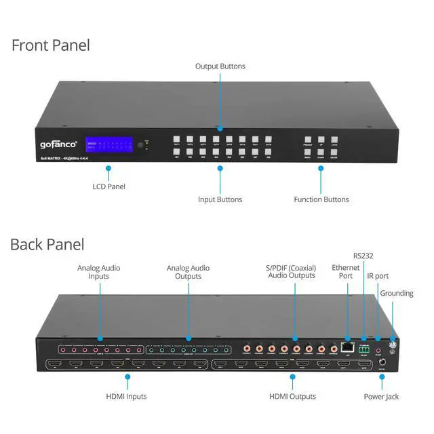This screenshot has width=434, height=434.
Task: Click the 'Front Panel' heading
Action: [x=51, y=46]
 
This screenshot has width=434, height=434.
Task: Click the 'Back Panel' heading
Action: [x=47, y=244]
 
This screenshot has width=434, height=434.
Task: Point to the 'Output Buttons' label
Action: [x=220, y=66]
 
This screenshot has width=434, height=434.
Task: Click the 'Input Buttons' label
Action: [x=220, y=199]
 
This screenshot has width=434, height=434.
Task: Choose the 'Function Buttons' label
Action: [x=321, y=199]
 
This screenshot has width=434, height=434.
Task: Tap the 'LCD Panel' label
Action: [x=108, y=186]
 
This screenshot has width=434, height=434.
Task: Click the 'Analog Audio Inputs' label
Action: [x=98, y=273]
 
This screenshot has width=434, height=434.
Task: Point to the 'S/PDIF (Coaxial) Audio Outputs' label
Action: [x=291, y=273]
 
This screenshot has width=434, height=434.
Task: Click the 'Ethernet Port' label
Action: [x=347, y=273]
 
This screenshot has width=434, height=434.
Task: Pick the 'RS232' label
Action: [x=363, y=256]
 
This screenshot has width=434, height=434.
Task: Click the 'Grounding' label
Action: [x=397, y=294]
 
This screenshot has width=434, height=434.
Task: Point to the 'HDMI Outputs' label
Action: [x=292, y=397]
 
